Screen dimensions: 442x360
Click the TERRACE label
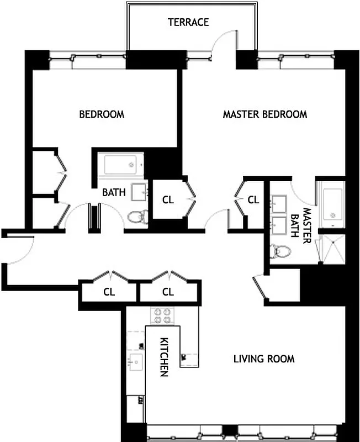click(x=188, y=22)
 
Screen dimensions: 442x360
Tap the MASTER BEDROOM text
click(x=264, y=114)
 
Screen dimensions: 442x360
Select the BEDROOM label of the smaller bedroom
click(x=102, y=114)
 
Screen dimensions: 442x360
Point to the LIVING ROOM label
click(x=263, y=359)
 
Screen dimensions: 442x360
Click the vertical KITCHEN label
click(x=163, y=357)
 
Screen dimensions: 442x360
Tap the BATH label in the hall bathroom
click(x=114, y=193)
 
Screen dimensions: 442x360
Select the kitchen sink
click(x=135, y=364)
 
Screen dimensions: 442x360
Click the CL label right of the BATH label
click(x=168, y=200)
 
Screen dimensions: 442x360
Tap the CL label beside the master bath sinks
click(x=253, y=200)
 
